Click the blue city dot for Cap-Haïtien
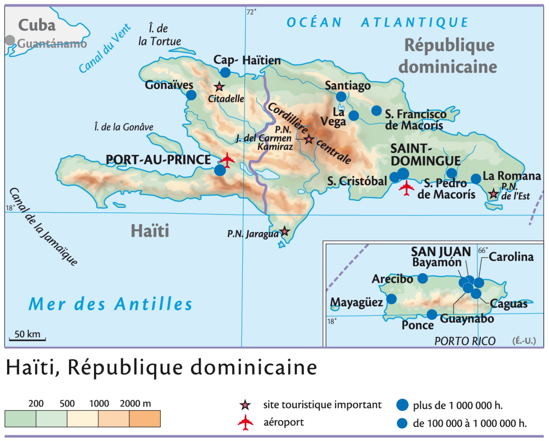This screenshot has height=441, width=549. click(225, 72)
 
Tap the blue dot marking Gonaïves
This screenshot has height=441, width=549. click(191, 95)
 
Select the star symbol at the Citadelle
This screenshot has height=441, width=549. click(219, 86)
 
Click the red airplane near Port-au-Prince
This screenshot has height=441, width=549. click(227, 160)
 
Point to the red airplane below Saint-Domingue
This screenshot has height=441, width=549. click(406, 188)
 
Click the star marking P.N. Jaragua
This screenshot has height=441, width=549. click(285, 231)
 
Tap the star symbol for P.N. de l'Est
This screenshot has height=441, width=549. click(494, 194)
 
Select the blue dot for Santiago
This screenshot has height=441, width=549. click(341, 96)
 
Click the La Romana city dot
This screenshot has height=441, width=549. click(476, 179)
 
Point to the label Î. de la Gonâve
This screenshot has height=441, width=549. click(124, 127)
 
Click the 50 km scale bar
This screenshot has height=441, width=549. click(27, 339)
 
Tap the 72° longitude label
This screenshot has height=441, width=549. click(251, 12)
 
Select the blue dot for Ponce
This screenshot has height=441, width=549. click(432, 314)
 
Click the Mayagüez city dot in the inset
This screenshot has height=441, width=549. click(391, 299)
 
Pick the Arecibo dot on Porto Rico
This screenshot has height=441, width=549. click(422, 278)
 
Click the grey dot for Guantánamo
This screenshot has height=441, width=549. click(10, 40)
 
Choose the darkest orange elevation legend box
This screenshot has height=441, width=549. click(145, 419)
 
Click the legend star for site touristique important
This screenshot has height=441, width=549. click(245, 405)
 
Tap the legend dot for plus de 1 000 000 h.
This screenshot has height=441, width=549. click(402, 405)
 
